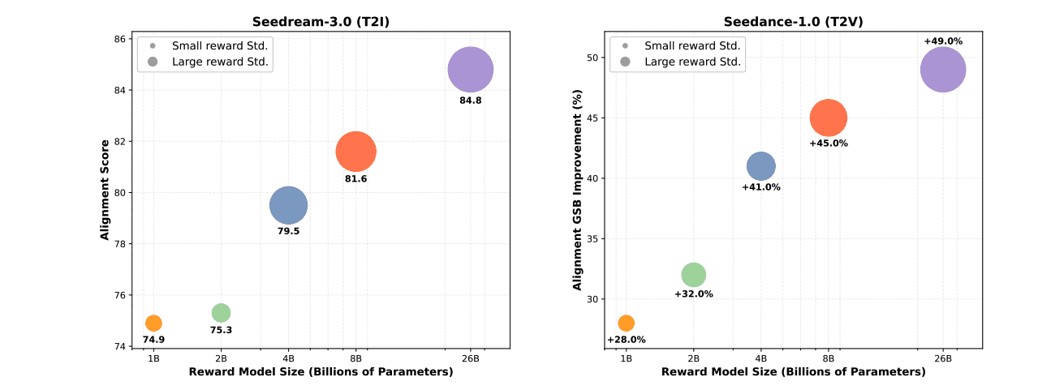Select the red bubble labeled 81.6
pyautogui.click(x=355, y=152)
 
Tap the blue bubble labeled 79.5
pyautogui.click(x=288, y=205)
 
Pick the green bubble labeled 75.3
pyautogui.click(x=221, y=312)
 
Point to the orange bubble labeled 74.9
pyautogui.click(x=153, y=323)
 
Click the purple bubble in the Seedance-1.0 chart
pyautogui.click(x=943, y=70)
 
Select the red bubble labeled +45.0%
pyautogui.click(x=829, y=118)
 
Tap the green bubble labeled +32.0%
pyautogui.click(x=694, y=274)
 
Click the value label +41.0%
pyautogui.click(x=761, y=187)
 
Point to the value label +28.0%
pyautogui.click(x=626, y=340)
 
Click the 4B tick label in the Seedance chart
pyautogui.click(x=761, y=358)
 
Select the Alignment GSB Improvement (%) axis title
pyautogui.click(x=578, y=191)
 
